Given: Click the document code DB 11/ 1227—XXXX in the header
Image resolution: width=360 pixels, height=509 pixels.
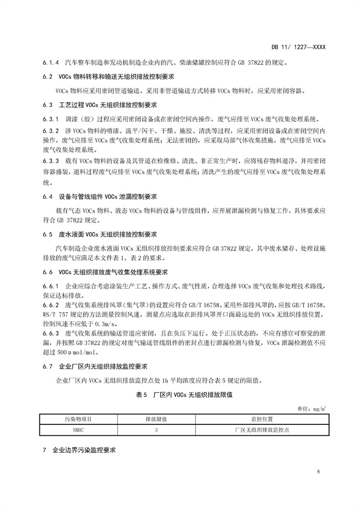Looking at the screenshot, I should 298,47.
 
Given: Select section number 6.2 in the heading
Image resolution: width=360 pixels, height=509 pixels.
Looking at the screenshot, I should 47,76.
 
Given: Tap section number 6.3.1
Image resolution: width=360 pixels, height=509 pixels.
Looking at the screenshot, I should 50,119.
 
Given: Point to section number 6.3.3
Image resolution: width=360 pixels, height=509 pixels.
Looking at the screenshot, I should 50,161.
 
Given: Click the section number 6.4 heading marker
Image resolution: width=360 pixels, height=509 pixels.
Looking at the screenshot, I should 47,197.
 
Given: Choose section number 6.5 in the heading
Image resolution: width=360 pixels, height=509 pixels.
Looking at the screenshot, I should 47,234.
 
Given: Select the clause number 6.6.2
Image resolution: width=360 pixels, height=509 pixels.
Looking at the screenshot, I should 50,305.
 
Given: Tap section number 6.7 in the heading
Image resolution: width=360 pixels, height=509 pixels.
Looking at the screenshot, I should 47,367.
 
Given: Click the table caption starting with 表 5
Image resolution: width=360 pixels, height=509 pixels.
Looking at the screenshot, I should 179,395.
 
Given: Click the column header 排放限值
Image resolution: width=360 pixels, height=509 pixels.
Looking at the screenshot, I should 157,419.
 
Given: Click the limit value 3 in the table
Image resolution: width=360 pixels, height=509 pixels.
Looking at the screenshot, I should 157,429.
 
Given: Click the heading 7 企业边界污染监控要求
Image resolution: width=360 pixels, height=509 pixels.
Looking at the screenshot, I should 79,450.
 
